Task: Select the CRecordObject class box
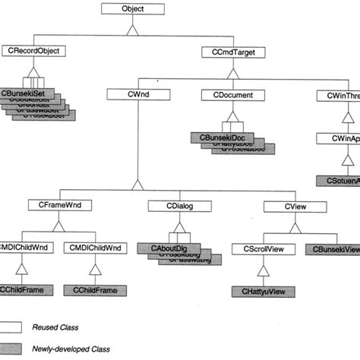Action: pos(35,52)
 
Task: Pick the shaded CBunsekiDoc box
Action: pos(217,137)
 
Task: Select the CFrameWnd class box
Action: pos(54,204)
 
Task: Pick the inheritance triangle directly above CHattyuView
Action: pos(261,270)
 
